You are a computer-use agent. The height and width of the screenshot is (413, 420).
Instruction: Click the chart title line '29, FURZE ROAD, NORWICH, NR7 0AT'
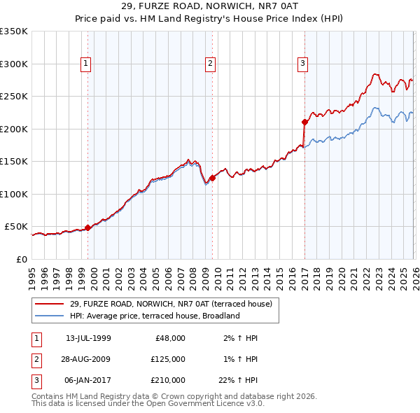(209, 6)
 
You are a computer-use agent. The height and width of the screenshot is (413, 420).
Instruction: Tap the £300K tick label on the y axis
(14, 64)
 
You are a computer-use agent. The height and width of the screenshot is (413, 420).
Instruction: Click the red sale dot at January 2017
(304, 122)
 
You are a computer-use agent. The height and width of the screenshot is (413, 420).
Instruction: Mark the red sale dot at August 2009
(213, 178)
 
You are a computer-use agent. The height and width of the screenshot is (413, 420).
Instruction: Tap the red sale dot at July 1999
(87, 227)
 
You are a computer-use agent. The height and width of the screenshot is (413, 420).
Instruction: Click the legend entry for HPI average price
(154, 316)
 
